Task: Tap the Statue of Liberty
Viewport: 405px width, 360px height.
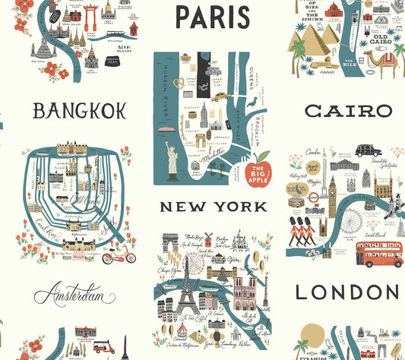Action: [x=172, y=160]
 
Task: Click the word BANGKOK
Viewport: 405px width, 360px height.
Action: [x=79, y=111]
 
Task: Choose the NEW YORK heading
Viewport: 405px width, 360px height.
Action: [x=203, y=207]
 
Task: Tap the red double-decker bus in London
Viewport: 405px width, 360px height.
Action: [x=380, y=254]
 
